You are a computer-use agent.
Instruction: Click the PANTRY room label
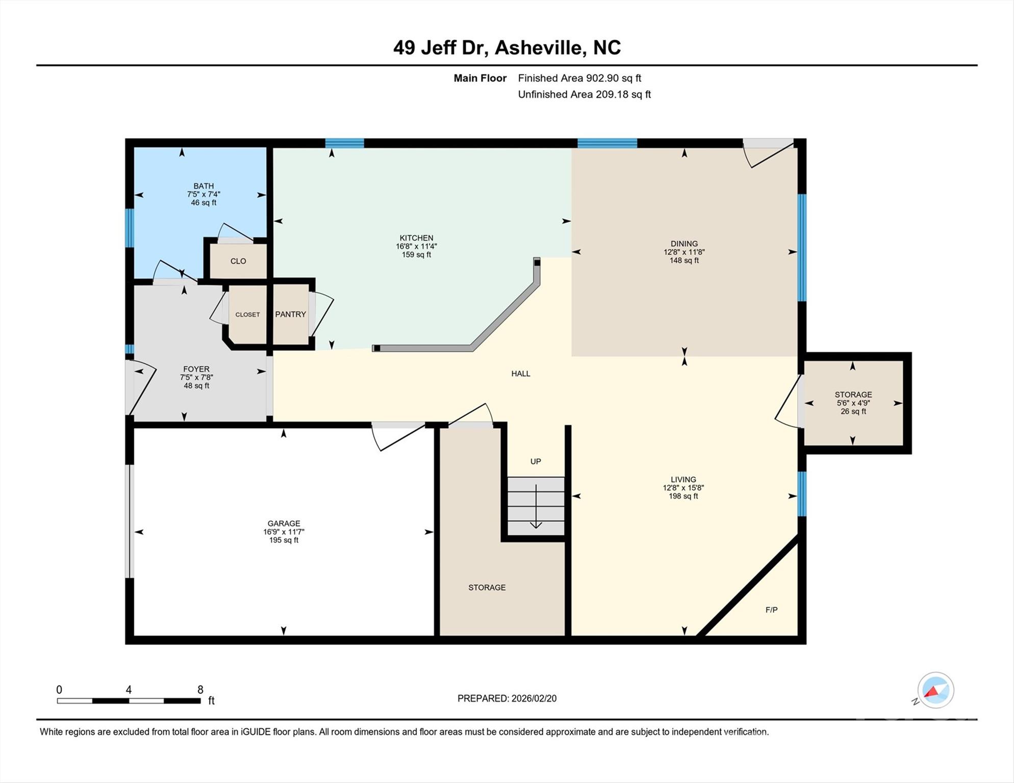(x=290, y=315)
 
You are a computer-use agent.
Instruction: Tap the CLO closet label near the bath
(x=238, y=261)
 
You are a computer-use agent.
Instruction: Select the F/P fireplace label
(x=771, y=610)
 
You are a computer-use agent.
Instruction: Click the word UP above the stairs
(x=536, y=461)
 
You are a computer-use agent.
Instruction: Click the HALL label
(x=521, y=374)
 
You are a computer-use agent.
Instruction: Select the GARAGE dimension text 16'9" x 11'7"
(x=284, y=532)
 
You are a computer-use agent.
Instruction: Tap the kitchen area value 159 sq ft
(x=416, y=254)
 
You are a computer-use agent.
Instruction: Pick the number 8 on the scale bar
(x=200, y=690)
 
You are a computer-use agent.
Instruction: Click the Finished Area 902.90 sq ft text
(x=579, y=78)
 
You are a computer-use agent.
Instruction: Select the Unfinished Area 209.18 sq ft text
(x=584, y=94)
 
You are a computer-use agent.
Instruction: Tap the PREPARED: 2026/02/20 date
(x=506, y=698)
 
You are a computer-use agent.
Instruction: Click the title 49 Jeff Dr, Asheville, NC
(x=506, y=47)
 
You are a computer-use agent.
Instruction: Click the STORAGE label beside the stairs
(x=487, y=587)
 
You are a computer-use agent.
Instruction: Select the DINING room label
(x=684, y=244)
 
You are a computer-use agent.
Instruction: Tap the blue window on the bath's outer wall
(x=130, y=228)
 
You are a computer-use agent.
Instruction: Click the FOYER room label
(x=196, y=369)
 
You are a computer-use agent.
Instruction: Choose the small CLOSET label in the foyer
(x=247, y=315)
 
